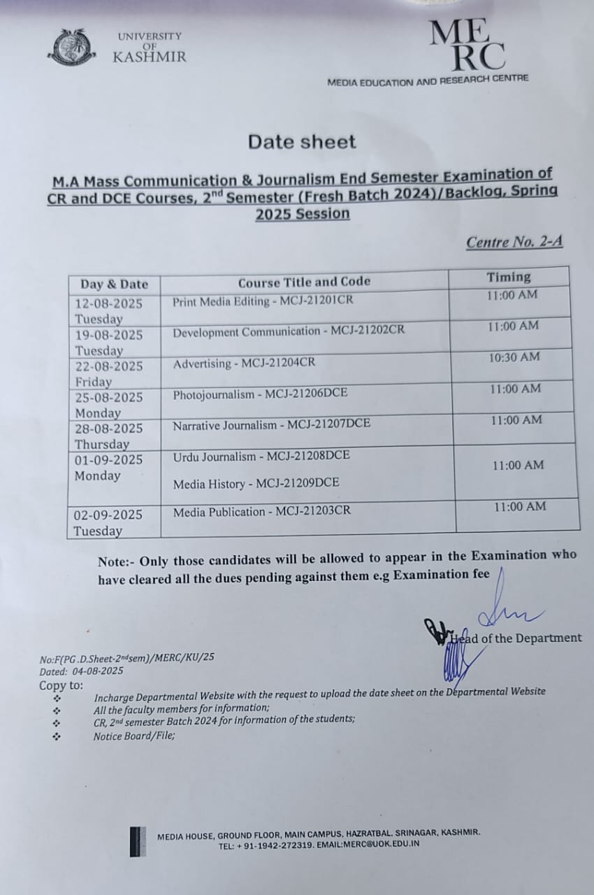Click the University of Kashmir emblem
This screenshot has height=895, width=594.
click(x=73, y=48)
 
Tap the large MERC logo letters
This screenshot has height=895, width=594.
click(x=467, y=46)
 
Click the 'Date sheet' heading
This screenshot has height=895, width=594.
click(x=302, y=142)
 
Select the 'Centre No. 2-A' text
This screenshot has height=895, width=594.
click(x=514, y=242)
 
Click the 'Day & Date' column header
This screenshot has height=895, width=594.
click(x=115, y=284)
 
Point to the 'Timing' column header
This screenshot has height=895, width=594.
click(x=509, y=277)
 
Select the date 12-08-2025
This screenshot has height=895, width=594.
click(x=109, y=303)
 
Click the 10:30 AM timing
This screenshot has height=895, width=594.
click(x=514, y=357)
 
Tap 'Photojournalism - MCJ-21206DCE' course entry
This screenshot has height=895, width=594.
click(x=260, y=394)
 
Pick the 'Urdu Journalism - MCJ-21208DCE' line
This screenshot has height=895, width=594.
click(x=261, y=457)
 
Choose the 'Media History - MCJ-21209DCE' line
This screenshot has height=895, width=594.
click(x=256, y=484)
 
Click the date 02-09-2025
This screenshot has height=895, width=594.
click(x=108, y=515)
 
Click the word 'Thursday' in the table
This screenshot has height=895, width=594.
click(x=102, y=444)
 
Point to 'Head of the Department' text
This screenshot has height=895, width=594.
click(x=516, y=638)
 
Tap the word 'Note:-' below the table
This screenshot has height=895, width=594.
click(x=117, y=561)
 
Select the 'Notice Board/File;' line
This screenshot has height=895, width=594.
click(x=134, y=736)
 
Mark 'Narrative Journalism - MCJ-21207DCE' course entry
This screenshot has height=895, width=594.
click(x=272, y=424)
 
